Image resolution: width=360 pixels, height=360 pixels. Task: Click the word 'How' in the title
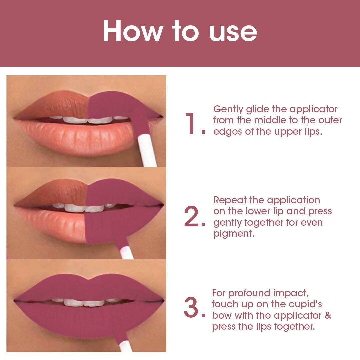(x=133, y=31)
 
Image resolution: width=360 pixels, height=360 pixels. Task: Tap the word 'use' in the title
(x=233, y=33)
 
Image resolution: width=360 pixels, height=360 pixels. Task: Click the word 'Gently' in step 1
(x=228, y=109)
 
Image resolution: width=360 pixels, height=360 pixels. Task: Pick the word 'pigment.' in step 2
(x=234, y=234)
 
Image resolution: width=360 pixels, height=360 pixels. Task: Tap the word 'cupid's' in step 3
(x=305, y=304)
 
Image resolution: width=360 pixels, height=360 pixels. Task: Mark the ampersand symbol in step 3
(x=328, y=315)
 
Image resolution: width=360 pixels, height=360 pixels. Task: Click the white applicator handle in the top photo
(x=148, y=150)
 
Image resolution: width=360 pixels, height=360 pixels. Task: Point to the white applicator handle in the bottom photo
(x=125, y=346)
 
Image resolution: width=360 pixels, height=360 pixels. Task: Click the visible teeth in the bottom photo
(x=87, y=302)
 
